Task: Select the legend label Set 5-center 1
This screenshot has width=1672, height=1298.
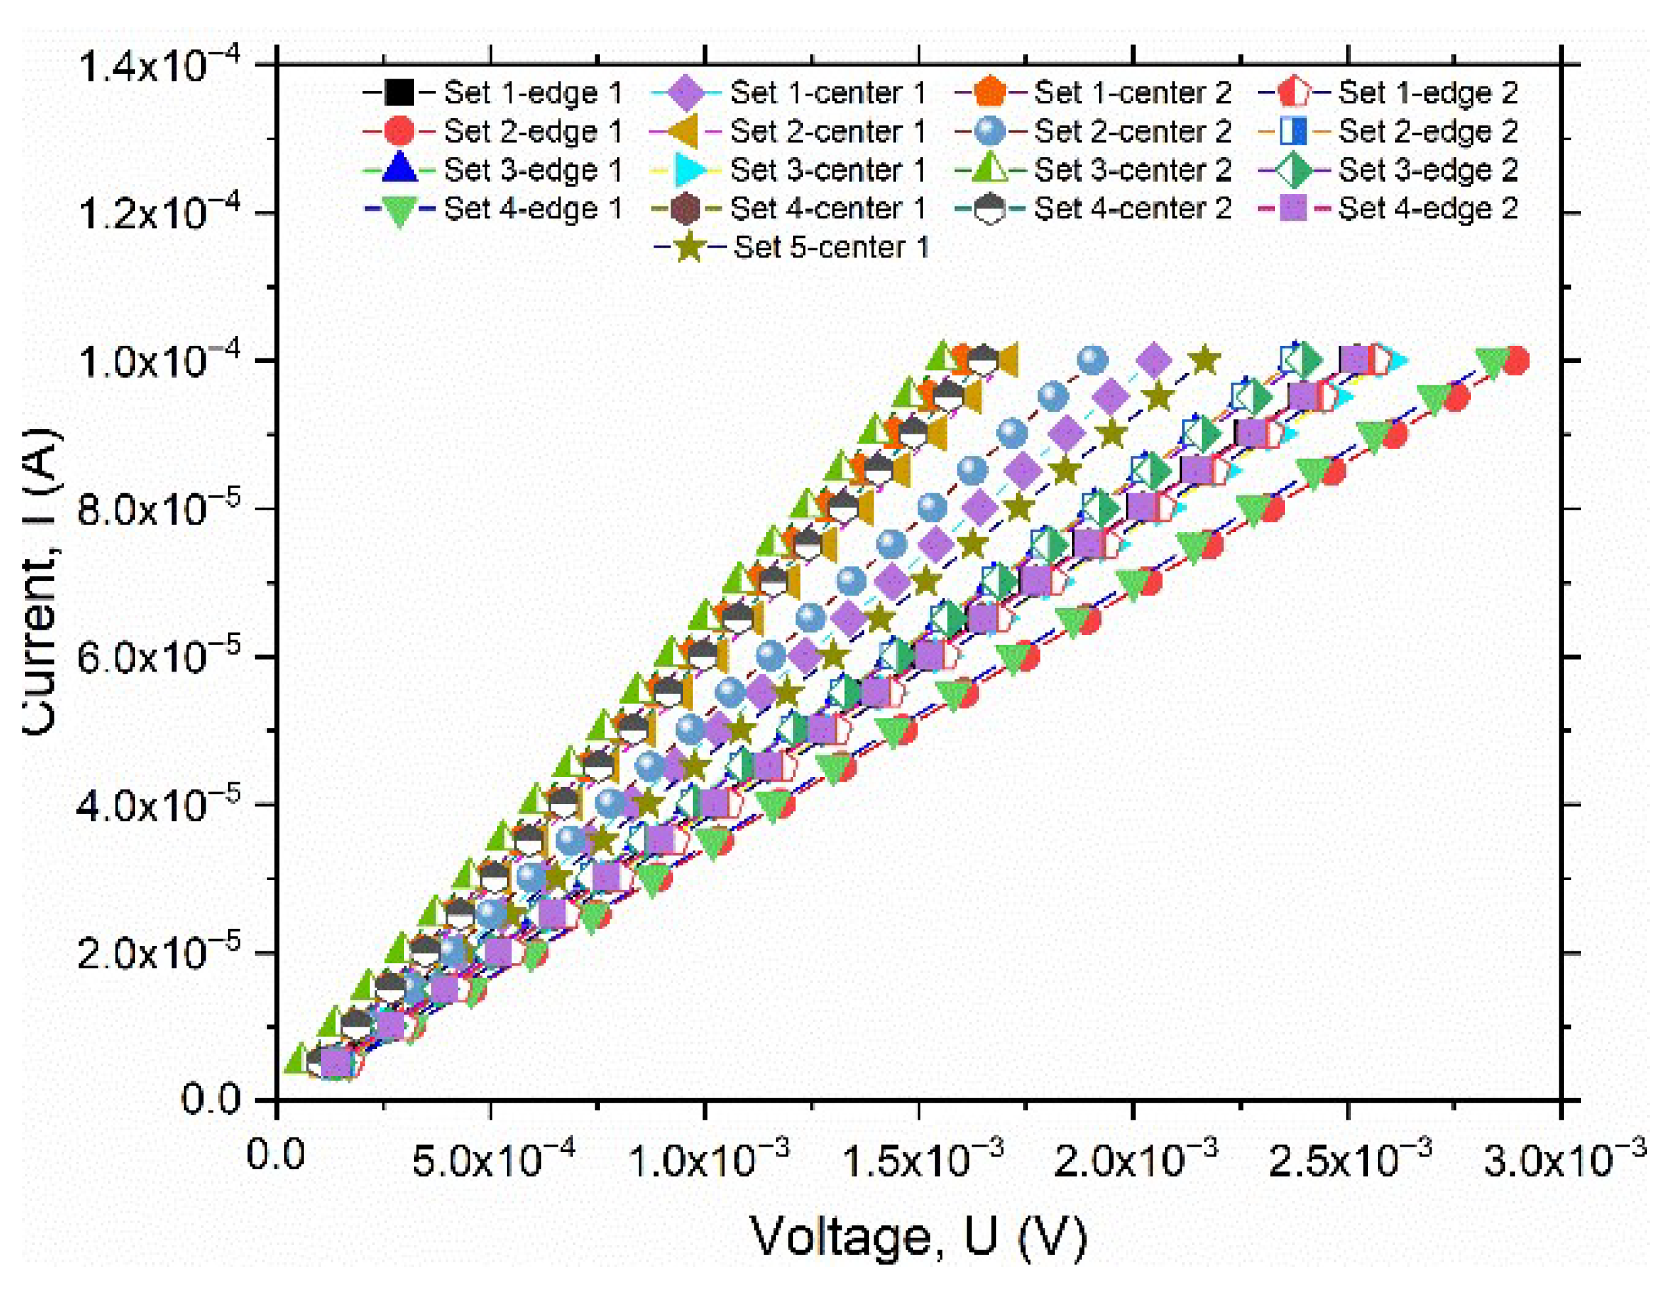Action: (x=831, y=248)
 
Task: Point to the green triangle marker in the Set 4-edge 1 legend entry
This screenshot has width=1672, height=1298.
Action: (x=399, y=210)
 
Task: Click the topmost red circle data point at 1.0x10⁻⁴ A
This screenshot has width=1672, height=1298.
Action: (x=1515, y=360)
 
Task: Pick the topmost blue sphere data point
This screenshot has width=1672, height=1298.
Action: (x=1092, y=360)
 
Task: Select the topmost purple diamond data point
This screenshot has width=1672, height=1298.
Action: (x=1155, y=360)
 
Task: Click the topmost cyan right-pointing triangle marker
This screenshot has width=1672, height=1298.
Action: (x=1396, y=360)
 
